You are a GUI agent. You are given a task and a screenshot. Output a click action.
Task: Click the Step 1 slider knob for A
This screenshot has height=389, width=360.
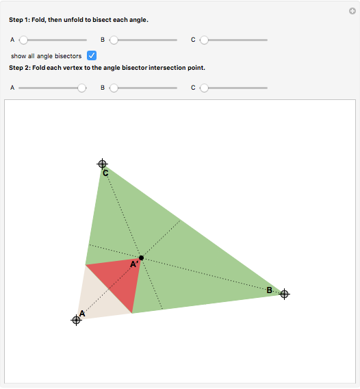tap(23, 40)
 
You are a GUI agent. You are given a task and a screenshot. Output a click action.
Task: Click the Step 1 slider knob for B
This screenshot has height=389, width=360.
tap(114, 40)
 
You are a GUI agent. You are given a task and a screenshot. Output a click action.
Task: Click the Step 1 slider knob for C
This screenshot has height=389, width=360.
tap(204, 40)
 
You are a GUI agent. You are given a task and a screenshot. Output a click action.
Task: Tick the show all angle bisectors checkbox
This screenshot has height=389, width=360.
tap(92, 55)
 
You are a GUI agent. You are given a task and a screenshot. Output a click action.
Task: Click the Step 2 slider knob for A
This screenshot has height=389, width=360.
tap(81, 88)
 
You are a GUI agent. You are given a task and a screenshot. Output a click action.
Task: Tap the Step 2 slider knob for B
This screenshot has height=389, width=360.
tap(114, 88)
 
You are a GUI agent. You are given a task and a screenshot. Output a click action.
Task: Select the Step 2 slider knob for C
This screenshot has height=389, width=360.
tap(204, 88)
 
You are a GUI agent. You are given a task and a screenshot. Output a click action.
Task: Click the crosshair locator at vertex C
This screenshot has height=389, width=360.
tap(102, 164)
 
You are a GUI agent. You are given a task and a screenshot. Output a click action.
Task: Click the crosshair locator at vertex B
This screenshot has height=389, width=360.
tap(285, 294)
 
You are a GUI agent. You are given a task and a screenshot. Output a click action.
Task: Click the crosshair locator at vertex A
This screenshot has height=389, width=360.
tap(77, 320)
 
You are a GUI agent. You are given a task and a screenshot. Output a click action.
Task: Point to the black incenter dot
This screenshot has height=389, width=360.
tap(141, 258)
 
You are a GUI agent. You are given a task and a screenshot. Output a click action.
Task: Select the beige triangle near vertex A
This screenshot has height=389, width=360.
tap(99, 298)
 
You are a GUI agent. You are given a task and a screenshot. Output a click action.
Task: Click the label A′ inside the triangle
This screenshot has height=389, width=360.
tap(133, 264)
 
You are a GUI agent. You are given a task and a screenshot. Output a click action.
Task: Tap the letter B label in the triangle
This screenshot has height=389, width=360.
tap(269, 290)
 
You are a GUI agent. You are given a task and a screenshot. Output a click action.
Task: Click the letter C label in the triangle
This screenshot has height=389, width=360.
tap(105, 173)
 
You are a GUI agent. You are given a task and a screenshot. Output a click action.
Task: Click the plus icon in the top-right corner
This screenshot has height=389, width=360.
tap(352, 11)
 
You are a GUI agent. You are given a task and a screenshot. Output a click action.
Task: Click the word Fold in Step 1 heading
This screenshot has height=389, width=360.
tap(38, 20)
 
